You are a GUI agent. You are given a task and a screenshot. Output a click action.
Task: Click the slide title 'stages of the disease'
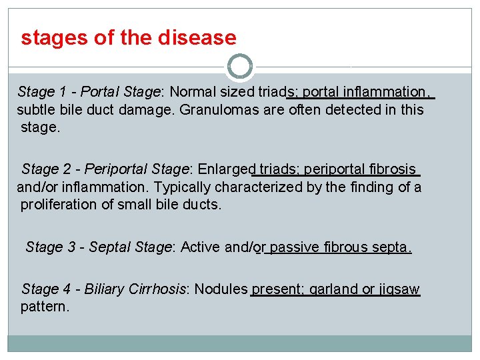(x=129, y=38)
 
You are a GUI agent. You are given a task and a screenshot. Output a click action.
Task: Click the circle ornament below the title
(x=240, y=67)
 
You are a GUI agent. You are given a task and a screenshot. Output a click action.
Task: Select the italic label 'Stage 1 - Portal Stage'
(x=89, y=92)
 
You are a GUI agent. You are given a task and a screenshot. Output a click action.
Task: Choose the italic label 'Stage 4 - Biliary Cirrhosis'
(x=104, y=289)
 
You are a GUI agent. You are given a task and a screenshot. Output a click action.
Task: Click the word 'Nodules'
(x=221, y=289)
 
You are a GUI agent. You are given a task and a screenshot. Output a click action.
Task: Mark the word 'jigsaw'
(x=399, y=289)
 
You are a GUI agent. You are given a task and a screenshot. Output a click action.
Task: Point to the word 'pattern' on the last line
(x=45, y=307)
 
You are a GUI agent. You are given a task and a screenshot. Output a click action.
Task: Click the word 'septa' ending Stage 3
(x=393, y=248)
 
